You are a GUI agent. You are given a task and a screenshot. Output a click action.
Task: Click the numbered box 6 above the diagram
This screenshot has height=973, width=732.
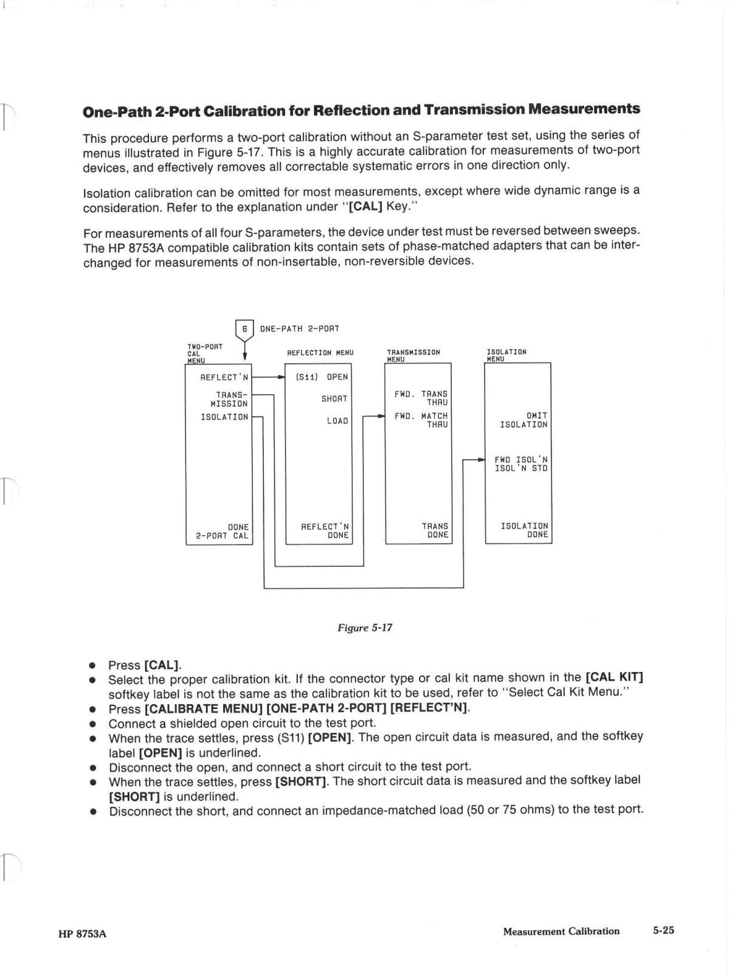click(244, 329)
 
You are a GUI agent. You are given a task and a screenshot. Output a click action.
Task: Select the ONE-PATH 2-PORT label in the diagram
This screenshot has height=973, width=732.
click(300, 329)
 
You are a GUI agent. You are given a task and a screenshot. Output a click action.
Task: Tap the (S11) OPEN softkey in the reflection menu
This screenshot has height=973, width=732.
click(322, 377)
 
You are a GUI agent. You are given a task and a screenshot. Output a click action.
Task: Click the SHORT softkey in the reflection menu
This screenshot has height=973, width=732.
click(334, 399)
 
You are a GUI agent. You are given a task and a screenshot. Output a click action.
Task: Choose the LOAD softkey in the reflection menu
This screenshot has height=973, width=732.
click(337, 421)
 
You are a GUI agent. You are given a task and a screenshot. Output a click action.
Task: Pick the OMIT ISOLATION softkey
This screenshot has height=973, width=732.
click(523, 420)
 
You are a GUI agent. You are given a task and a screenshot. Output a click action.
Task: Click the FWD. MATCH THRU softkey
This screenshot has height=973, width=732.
click(421, 420)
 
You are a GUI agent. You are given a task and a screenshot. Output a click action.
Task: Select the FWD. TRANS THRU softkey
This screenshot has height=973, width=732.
click(421, 398)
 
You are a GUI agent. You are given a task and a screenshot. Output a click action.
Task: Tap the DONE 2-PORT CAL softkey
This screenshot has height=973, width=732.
click(223, 532)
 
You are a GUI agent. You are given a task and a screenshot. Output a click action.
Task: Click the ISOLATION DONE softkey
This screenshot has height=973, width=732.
click(524, 530)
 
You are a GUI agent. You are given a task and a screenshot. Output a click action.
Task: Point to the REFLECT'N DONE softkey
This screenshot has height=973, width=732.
click(325, 531)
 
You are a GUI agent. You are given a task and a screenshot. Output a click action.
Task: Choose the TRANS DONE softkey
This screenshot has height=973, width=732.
click(435, 530)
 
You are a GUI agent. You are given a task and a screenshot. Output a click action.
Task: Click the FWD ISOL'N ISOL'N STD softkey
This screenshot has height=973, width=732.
click(521, 464)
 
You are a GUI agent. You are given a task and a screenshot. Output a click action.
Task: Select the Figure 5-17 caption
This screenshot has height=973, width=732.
click(365, 628)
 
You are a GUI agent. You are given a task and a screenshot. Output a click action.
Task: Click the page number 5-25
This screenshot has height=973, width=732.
click(664, 930)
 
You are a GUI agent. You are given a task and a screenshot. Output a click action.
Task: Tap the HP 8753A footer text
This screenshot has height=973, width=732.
click(83, 934)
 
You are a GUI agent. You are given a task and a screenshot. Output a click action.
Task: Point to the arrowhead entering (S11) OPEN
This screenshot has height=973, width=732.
click(281, 377)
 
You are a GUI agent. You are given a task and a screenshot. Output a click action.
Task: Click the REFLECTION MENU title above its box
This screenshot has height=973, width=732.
click(320, 353)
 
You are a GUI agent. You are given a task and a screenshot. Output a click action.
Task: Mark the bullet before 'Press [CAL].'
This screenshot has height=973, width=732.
click(93, 665)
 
